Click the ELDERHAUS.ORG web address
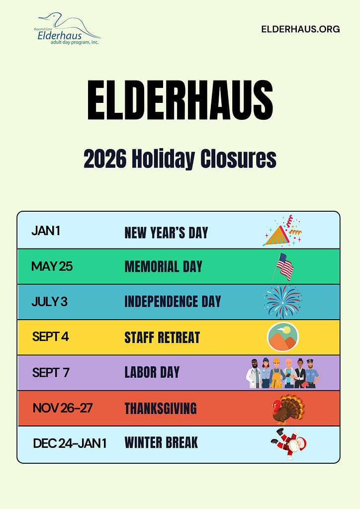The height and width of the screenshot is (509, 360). pyautogui.click(x=300, y=29)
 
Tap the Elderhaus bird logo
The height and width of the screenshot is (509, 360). pyautogui.click(x=67, y=29)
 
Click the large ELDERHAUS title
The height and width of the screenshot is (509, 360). pyautogui.click(x=180, y=100)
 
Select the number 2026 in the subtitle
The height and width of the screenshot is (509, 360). pyautogui.click(x=105, y=159)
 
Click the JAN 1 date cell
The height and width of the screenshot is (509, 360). pyautogui.click(x=46, y=231)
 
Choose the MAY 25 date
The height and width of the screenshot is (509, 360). pyautogui.click(x=52, y=266)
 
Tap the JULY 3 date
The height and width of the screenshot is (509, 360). pyautogui.click(x=49, y=302)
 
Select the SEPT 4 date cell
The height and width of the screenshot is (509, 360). pyautogui.click(x=50, y=337)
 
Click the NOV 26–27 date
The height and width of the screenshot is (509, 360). pyautogui.click(x=63, y=408)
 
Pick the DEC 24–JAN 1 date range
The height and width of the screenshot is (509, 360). pyautogui.click(x=70, y=443)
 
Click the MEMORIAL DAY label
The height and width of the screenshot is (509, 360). pyautogui.click(x=163, y=266)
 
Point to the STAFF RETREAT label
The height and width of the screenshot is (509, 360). pyautogui.click(x=162, y=338)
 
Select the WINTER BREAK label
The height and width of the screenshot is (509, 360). pyautogui.click(x=161, y=442)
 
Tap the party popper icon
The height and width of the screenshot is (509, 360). pyautogui.click(x=282, y=231)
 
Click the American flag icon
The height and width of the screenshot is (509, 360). pyautogui.click(x=283, y=266)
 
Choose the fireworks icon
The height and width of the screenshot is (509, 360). pyautogui.click(x=283, y=302)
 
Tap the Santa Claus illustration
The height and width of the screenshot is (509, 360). pyautogui.click(x=289, y=443)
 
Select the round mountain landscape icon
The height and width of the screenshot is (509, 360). pyautogui.click(x=283, y=337)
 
